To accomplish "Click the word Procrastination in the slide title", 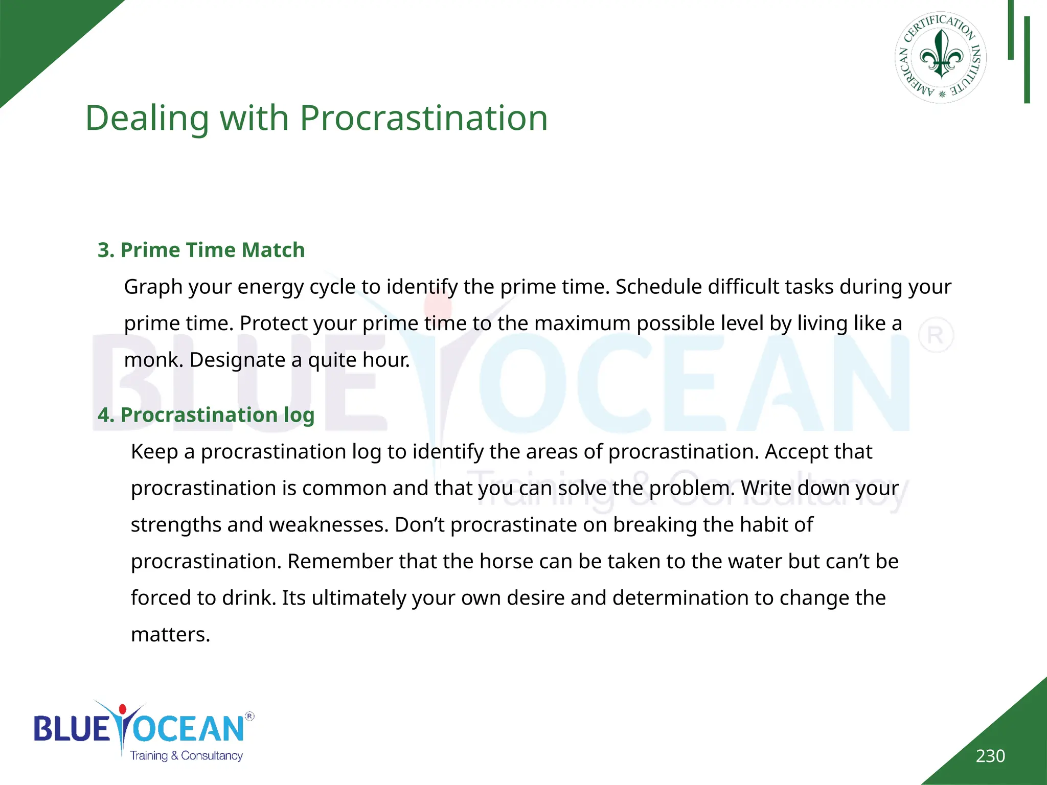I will (x=423, y=119).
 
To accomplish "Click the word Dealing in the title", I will (x=147, y=119).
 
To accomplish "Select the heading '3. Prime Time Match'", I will (x=201, y=250).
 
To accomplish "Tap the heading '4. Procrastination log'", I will (x=206, y=414).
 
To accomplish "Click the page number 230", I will (x=990, y=756).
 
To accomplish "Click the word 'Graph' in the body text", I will (x=153, y=287).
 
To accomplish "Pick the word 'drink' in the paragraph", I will (x=249, y=598).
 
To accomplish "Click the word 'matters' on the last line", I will (x=170, y=635).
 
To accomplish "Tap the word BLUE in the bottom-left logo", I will (x=72, y=728).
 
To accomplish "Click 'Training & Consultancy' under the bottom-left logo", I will (x=186, y=756).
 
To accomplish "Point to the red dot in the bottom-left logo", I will (x=122, y=709).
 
